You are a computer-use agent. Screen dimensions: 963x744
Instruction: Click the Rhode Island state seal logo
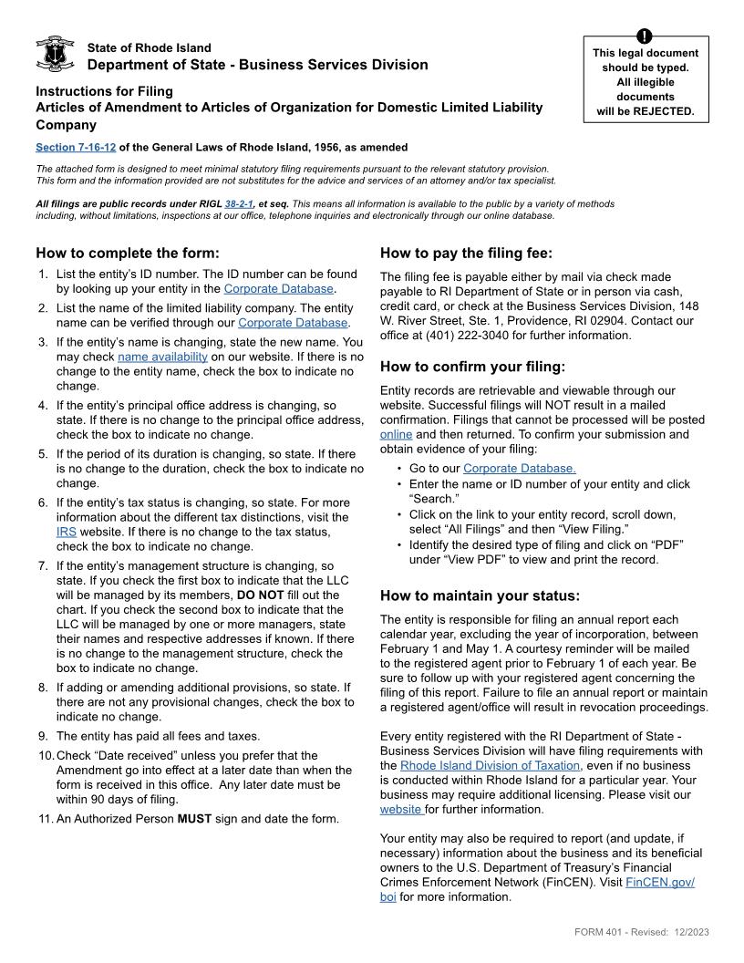point(54,55)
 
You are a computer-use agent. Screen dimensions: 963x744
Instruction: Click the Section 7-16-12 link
point(76,147)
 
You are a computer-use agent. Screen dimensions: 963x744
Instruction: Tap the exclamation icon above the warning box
point(644,36)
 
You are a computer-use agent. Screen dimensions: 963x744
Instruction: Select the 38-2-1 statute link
point(238,204)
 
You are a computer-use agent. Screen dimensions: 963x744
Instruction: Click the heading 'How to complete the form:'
point(128,253)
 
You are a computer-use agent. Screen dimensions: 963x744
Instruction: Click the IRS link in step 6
point(67,531)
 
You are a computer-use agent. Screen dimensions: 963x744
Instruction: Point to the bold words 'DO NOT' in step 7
point(259,595)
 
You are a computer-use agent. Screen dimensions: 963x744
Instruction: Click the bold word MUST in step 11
point(194,818)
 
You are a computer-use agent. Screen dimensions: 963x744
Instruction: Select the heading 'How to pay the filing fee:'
point(466,253)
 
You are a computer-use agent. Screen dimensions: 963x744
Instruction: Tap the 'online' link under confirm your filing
point(396,434)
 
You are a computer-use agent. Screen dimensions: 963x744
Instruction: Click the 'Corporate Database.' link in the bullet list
point(519,469)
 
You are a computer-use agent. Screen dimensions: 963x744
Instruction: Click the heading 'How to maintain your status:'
point(480,595)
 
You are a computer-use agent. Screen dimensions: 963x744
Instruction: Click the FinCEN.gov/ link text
point(660,882)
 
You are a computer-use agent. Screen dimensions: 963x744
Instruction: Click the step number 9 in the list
point(42,736)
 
